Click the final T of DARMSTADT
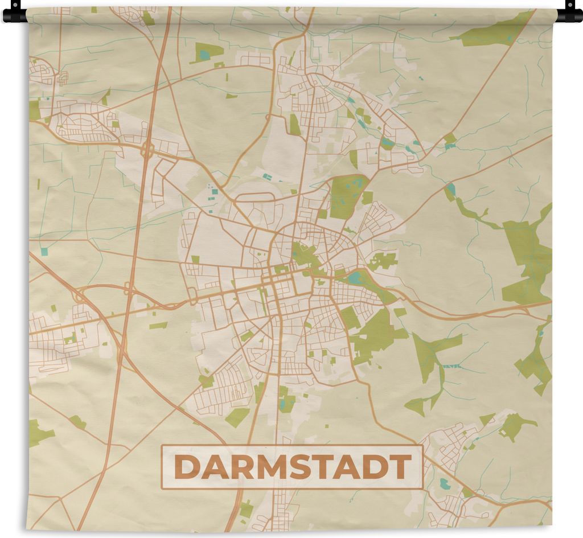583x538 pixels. click(401, 467)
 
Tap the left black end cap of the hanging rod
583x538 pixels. click(14, 13)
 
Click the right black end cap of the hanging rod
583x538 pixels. click(570, 13)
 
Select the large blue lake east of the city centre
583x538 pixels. click(355, 278)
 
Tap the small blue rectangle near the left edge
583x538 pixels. click(44, 250)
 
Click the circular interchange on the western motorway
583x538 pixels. click(148, 149)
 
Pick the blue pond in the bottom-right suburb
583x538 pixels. click(445, 484)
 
